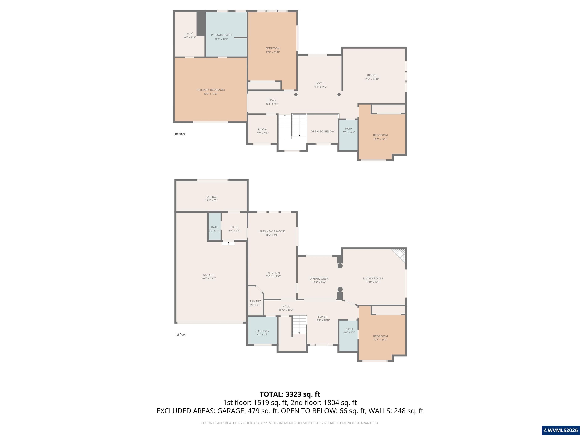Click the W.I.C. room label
[x=190, y=34]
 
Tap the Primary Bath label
[x=221, y=35]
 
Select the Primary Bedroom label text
[x=211, y=90]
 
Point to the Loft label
[x=320, y=83]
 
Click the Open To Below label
[x=322, y=132]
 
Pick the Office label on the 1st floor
[x=211, y=197]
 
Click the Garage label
[x=208, y=275]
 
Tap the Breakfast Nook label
[x=272, y=231]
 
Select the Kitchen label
[x=274, y=273]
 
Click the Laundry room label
[x=262, y=331]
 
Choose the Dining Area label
[x=319, y=279]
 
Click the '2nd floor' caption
[x=179, y=134]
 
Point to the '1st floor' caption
[x=180, y=335]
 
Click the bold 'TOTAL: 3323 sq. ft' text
[x=290, y=394]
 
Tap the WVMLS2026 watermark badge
[x=561, y=430]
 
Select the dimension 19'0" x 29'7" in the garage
[x=208, y=278]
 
